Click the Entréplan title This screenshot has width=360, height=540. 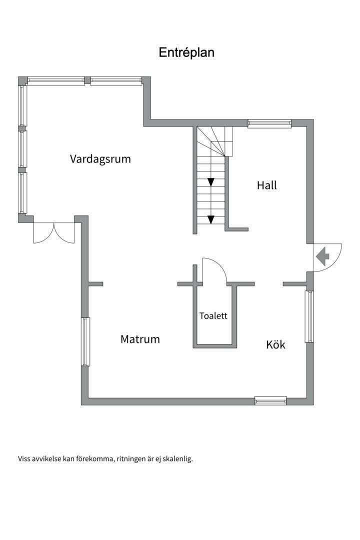(186, 52)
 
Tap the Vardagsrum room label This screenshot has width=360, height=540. (100, 159)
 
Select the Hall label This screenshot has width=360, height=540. (266, 185)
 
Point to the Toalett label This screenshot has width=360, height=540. (213, 316)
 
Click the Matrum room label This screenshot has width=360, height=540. (140, 339)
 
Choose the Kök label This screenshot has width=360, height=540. (275, 344)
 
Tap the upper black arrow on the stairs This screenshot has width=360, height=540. (211, 182)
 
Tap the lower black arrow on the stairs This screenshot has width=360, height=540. (211, 219)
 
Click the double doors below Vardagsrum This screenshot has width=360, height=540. (53, 233)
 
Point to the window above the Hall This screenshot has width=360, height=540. (269, 123)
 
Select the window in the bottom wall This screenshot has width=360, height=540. (271, 400)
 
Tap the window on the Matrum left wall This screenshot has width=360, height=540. (85, 341)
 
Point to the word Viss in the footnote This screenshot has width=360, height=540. (24, 459)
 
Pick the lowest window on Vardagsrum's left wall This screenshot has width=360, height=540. (22, 192)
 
